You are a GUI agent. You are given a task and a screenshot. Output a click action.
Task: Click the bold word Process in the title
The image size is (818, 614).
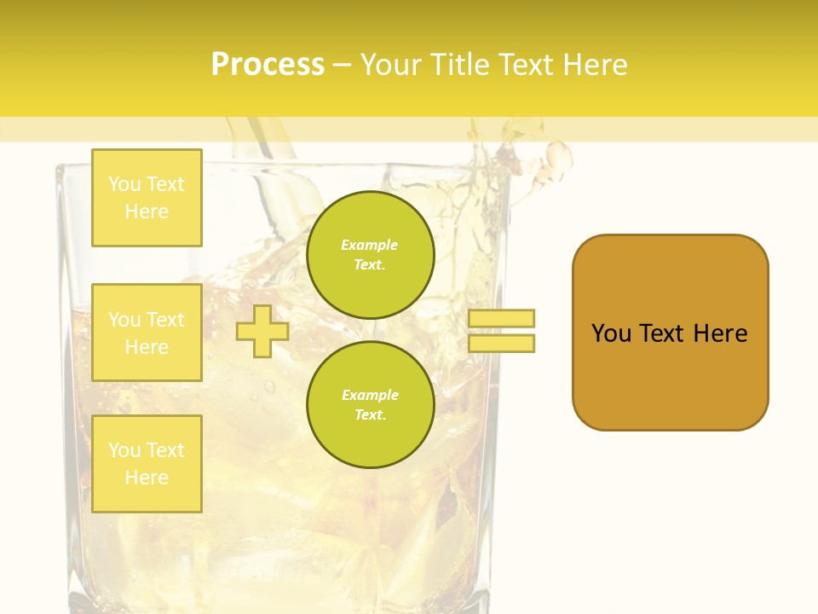tap(268, 65)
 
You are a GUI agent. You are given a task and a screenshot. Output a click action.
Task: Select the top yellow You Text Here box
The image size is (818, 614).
tap(147, 198)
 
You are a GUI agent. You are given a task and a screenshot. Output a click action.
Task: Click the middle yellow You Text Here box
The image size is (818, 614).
tap(147, 333)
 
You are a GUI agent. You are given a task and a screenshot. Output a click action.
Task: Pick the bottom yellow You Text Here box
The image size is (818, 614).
tap(147, 464)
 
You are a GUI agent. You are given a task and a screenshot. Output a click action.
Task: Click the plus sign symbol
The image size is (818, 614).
tap(262, 331)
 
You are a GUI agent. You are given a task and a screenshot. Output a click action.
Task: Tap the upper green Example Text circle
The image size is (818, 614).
tap(370, 255)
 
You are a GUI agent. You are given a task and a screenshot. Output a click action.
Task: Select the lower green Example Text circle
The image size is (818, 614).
tap(370, 405)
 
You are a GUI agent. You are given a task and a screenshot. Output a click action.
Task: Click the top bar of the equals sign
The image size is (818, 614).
tap(501, 318)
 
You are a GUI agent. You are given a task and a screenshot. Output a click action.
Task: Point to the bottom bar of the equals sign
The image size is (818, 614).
tap(501, 343)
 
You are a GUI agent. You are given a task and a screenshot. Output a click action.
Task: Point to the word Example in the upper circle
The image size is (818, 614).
tap(369, 245)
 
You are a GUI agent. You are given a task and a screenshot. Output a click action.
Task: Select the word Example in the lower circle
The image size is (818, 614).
tap(370, 395)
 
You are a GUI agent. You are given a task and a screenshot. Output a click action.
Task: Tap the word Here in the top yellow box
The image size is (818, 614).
tap(147, 211)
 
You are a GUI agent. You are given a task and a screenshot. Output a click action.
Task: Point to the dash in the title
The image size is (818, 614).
tap(343, 65)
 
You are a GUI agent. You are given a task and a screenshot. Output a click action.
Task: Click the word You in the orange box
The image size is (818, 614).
tap(611, 333)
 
